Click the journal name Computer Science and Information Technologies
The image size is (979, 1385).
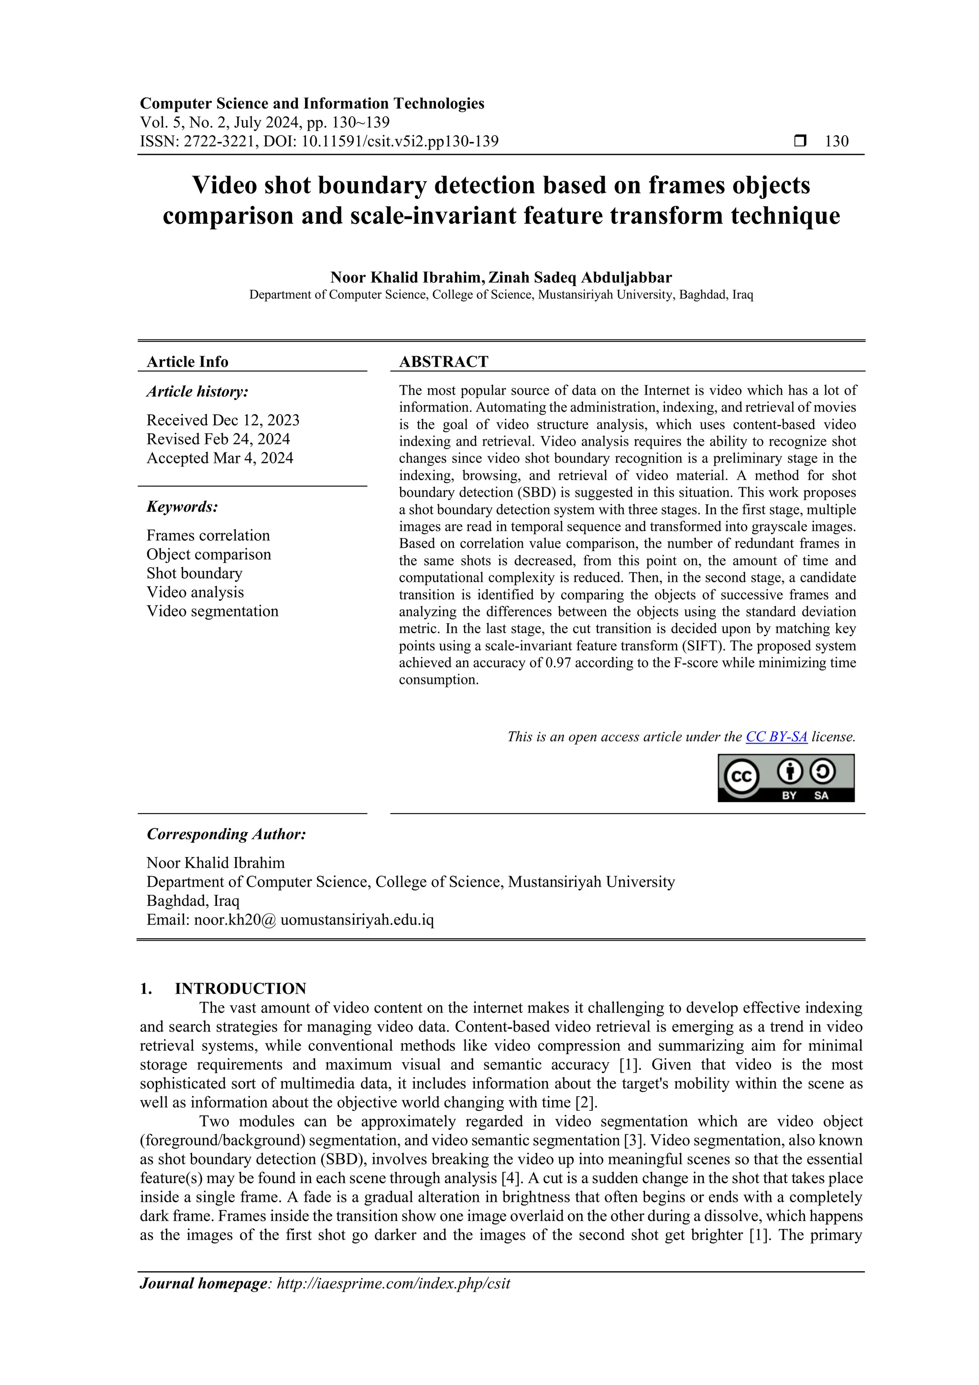click(312, 103)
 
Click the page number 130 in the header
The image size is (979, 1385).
click(836, 141)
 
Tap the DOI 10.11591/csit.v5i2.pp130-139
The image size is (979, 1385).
click(400, 141)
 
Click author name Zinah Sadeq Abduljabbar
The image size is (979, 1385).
click(579, 277)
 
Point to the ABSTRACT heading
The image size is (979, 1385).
click(443, 362)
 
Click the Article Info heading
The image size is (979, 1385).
click(187, 362)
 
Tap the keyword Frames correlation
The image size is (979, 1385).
click(208, 535)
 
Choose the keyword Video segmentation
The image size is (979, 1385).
click(212, 611)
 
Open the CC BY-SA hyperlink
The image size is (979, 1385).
click(776, 736)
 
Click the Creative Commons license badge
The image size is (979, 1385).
click(785, 778)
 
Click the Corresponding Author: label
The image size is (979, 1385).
click(226, 834)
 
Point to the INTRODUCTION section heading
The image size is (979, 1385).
click(240, 988)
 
